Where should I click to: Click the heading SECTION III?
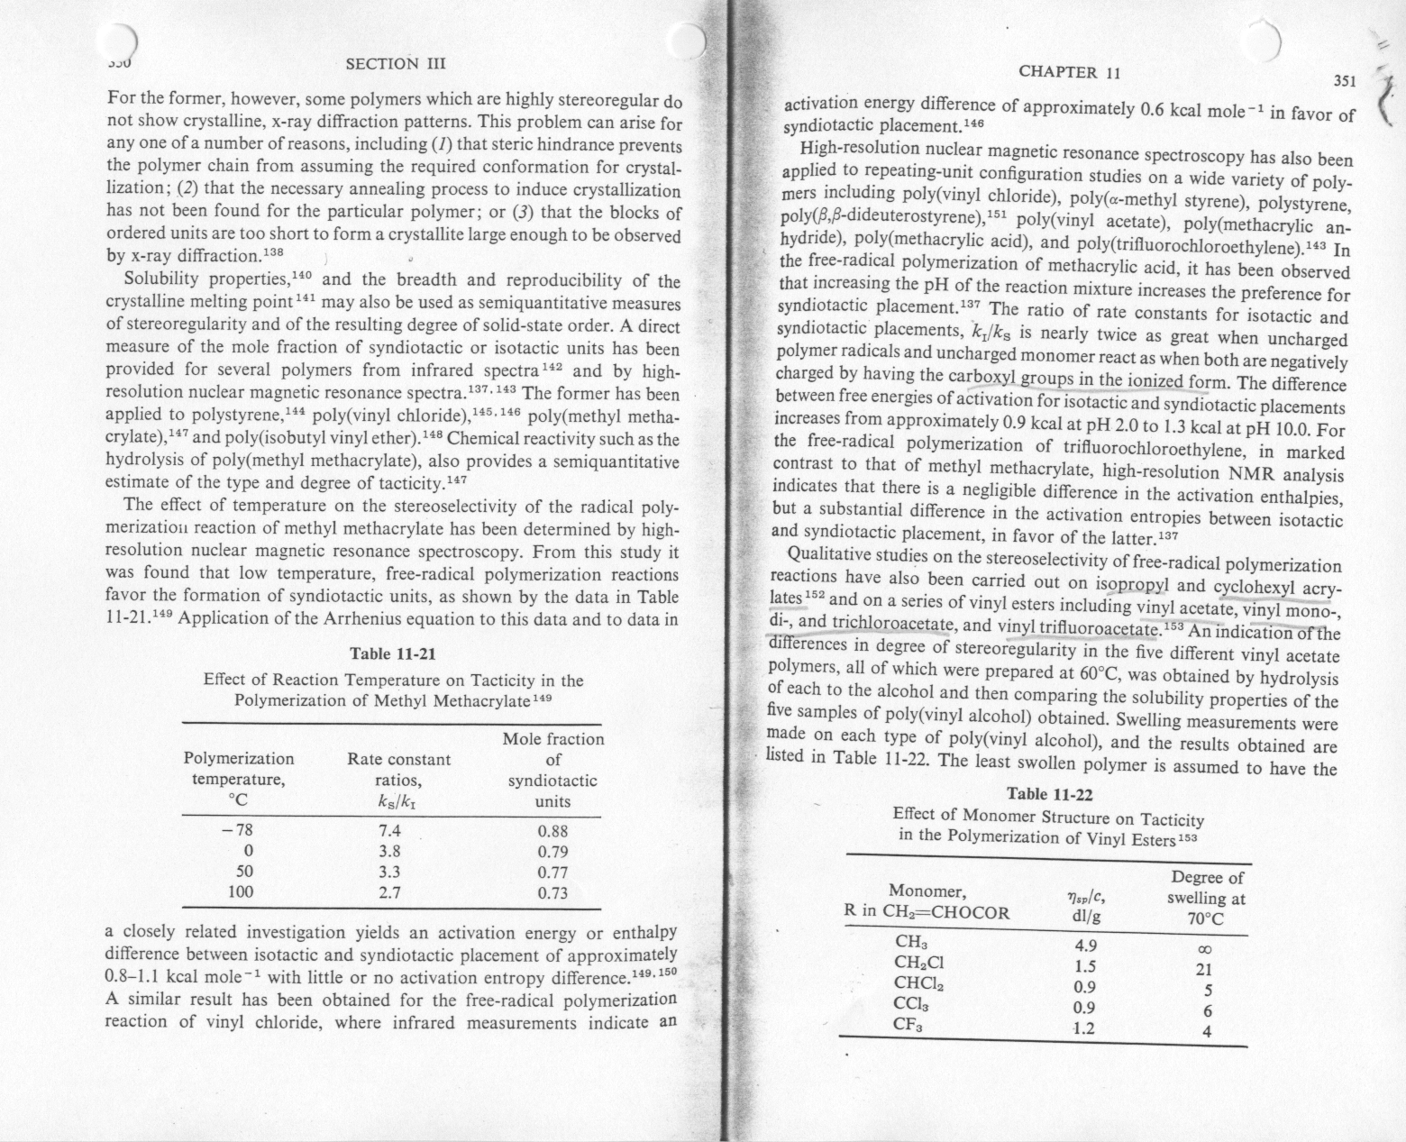396,63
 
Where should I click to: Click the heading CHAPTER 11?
1070,72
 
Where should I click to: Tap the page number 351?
1345,81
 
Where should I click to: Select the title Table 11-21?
392,654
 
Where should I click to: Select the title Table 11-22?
1049,795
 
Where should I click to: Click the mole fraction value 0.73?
552,894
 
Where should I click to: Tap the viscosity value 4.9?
1085,946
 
